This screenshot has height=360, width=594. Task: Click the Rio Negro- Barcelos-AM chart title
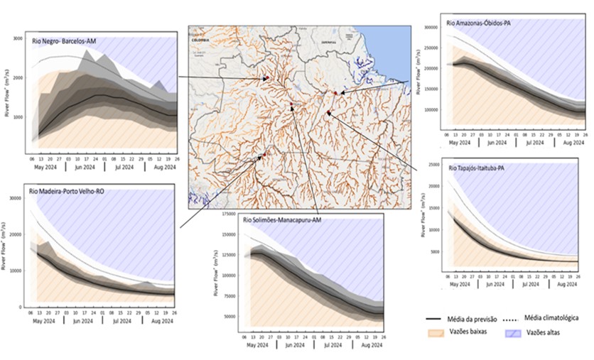click(64, 41)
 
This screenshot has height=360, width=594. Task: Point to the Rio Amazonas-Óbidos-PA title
click(479, 23)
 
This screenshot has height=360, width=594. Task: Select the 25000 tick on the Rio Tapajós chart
click(429, 165)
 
